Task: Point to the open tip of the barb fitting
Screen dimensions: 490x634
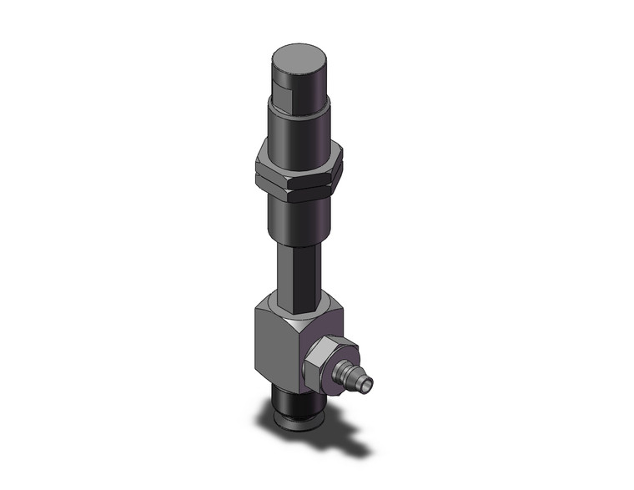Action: click(368, 383)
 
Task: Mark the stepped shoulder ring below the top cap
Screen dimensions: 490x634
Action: click(298, 109)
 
